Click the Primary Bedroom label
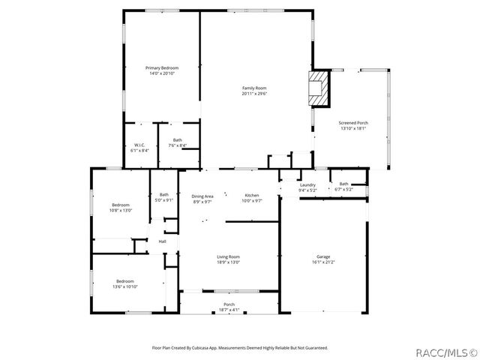162,68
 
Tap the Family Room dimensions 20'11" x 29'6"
254,94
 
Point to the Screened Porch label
353,122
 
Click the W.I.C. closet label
139,145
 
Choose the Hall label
162,241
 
